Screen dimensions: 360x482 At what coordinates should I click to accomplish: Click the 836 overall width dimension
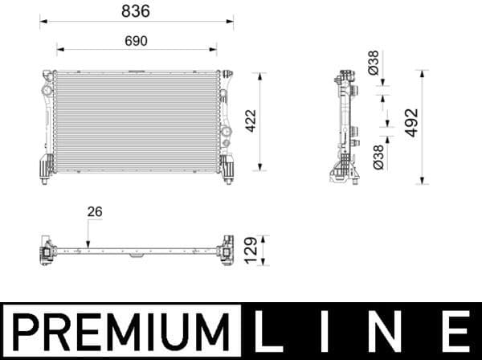click(x=136, y=11)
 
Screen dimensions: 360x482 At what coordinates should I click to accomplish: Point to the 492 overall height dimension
click(x=412, y=121)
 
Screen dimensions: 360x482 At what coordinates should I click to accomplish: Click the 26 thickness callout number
click(x=95, y=212)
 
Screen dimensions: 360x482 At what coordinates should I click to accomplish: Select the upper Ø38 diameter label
click(x=374, y=63)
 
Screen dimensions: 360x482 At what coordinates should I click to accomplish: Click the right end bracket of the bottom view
click(x=226, y=251)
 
